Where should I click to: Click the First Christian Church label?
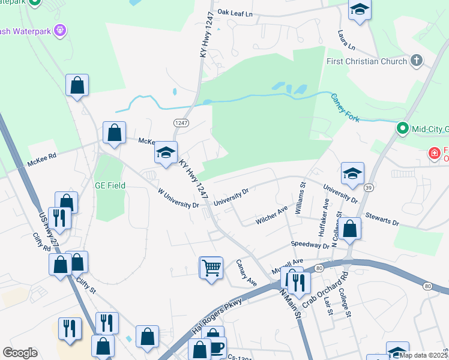[366, 61]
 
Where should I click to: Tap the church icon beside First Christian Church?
[416, 61]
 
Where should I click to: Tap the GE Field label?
[110, 185]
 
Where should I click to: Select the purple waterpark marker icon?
[59, 29]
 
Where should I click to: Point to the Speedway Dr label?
[310, 245]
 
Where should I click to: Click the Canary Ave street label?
[246, 272]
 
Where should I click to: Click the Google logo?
[20, 353]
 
